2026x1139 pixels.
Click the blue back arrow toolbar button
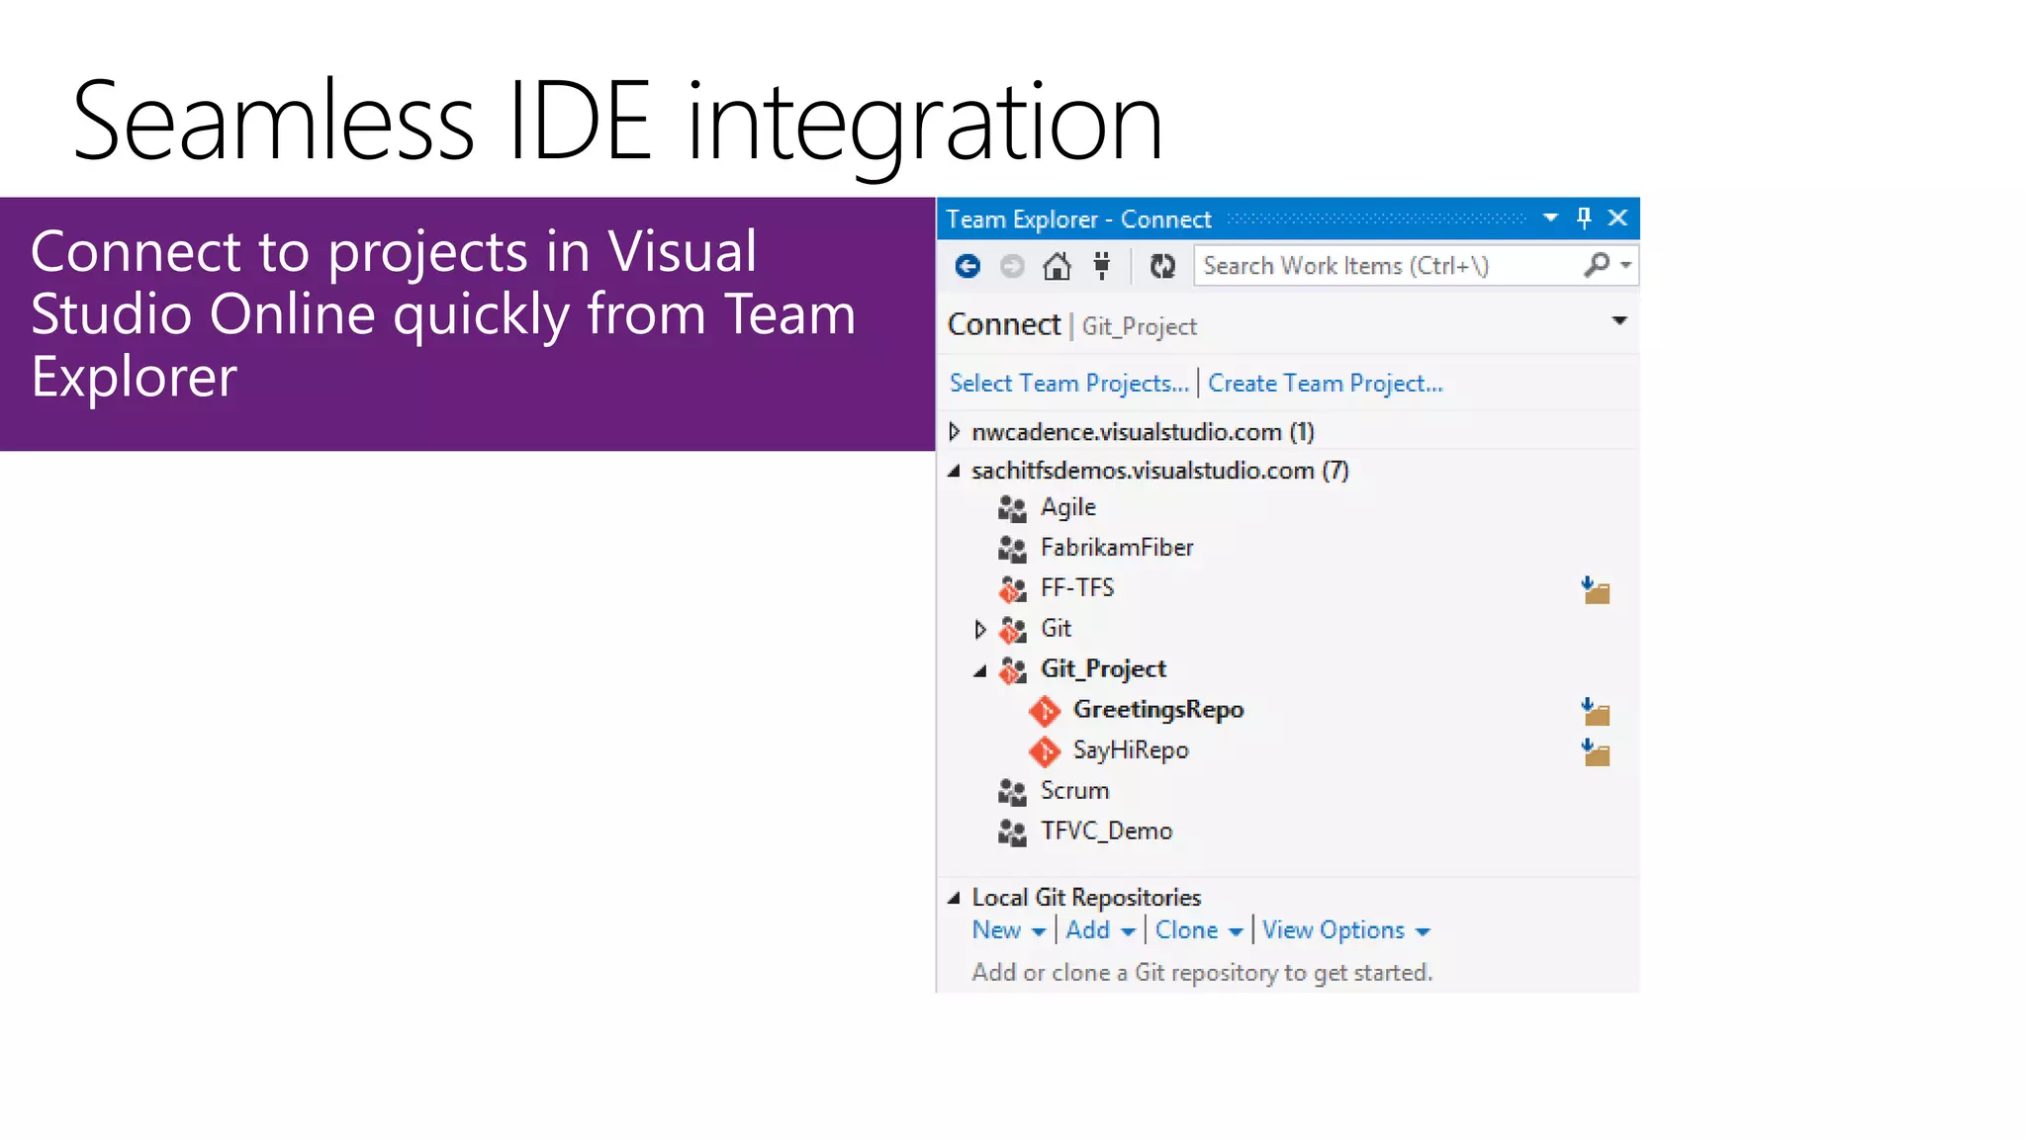(x=967, y=266)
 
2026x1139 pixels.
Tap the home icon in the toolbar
(x=1057, y=266)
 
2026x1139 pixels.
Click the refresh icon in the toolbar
(x=1162, y=266)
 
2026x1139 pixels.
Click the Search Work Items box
(x=1385, y=266)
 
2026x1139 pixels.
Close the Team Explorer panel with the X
(x=1618, y=218)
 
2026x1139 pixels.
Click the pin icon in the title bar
(x=1584, y=218)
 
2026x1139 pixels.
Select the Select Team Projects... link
(x=1068, y=384)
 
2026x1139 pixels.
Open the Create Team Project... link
(x=1325, y=384)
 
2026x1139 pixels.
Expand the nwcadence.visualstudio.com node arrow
(x=955, y=432)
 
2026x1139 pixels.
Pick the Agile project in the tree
(x=1067, y=507)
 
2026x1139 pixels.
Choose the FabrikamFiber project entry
(x=1116, y=548)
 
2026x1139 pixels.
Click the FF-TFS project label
(x=1076, y=588)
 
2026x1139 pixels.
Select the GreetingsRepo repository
(x=1157, y=710)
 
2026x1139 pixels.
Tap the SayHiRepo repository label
(x=1130, y=750)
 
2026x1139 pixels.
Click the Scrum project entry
(x=1074, y=791)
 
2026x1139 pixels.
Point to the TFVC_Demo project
(x=1105, y=832)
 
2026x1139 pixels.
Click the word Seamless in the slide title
(x=273, y=123)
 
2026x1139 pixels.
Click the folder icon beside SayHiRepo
(x=1596, y=753)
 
